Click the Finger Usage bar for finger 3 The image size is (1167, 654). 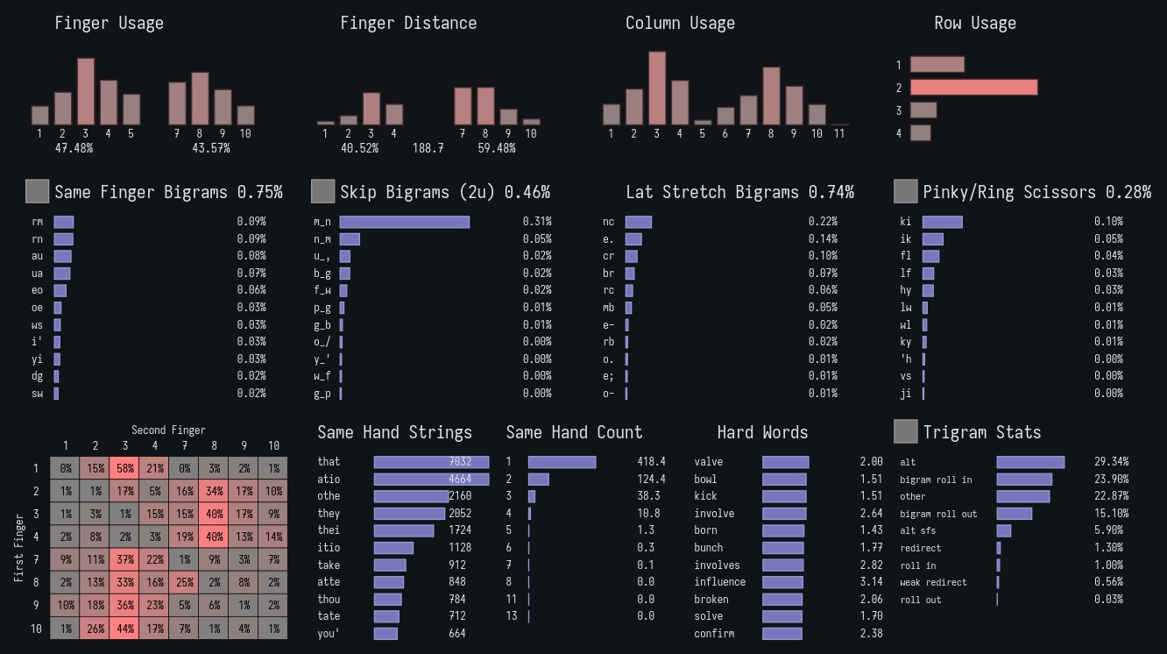[86, 91]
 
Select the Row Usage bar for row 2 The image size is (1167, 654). [973, 88]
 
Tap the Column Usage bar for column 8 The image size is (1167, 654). [771, 96]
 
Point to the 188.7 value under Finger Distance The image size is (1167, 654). [428, 149]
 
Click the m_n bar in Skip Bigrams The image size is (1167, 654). [405, 223]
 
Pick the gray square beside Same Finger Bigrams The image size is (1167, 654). [38, 191]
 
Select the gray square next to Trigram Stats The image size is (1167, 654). [905, 431]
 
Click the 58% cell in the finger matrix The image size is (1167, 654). [125, 469]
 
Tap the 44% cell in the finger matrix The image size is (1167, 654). [125, 629]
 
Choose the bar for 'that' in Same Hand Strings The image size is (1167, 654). [431, 462]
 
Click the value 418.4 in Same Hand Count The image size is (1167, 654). [651, 462]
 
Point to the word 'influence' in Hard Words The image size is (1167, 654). [719, 582]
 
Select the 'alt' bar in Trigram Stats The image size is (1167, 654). [1030, 462]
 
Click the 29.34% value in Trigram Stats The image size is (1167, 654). [1111, 462]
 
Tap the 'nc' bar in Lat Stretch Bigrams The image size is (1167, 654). [639, 223]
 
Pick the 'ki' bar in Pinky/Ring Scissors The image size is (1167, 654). [942, 223]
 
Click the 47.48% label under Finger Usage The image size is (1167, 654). [74, 149]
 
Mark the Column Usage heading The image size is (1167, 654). [680, 24]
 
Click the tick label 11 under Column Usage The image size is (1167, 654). [839, 134]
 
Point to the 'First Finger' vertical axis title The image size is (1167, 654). [19, 549]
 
